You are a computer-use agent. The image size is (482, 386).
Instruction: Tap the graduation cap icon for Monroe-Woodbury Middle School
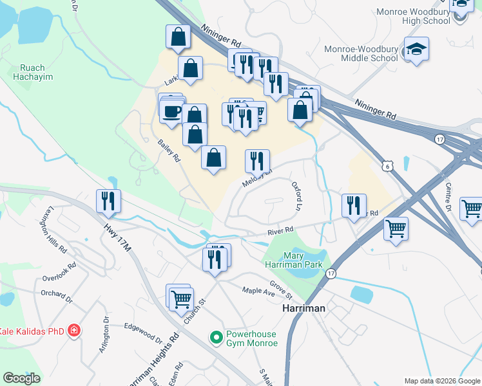(x=416, y=50)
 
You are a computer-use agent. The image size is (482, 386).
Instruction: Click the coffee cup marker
(x=172, y=112)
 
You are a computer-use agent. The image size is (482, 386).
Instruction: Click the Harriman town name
(x=304, y=309)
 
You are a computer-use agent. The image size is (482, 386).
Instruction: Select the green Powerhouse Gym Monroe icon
(x=217, y=336)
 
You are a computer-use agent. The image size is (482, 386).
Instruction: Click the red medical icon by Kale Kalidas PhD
(x=75, y=330)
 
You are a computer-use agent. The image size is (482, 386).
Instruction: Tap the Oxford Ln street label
(x=297, y=196)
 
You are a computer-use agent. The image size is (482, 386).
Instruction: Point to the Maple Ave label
(x=258, y=293)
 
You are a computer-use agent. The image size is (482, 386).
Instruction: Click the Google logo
(x=21, y=378)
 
